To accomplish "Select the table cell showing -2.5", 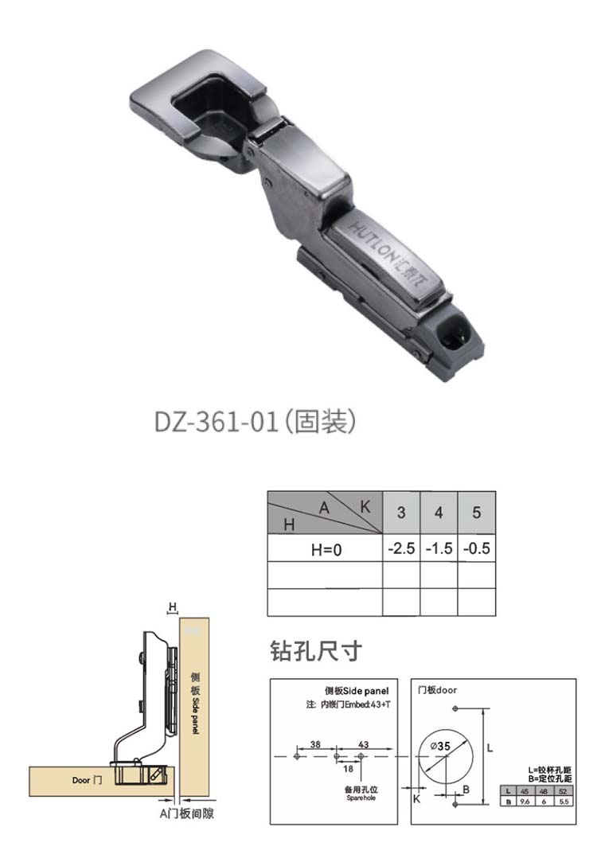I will [x=401, y=548].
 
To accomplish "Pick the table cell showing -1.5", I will [x=439, y=548].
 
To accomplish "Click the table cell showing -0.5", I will [x=476, y=548].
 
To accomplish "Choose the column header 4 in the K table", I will [x=439, y=513].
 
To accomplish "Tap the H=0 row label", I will [x=325, y=548].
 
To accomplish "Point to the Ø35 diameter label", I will [x=440, y=747].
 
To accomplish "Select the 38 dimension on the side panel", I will [x=315, y=743].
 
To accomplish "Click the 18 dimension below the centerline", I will [x=348, y=768].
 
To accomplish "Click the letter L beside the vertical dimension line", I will [x=490, y=748].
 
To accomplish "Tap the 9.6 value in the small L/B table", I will [x=525, y=802].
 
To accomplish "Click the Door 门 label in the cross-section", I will [x=87, y=780].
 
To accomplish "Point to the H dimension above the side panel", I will [x=171, y=607].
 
